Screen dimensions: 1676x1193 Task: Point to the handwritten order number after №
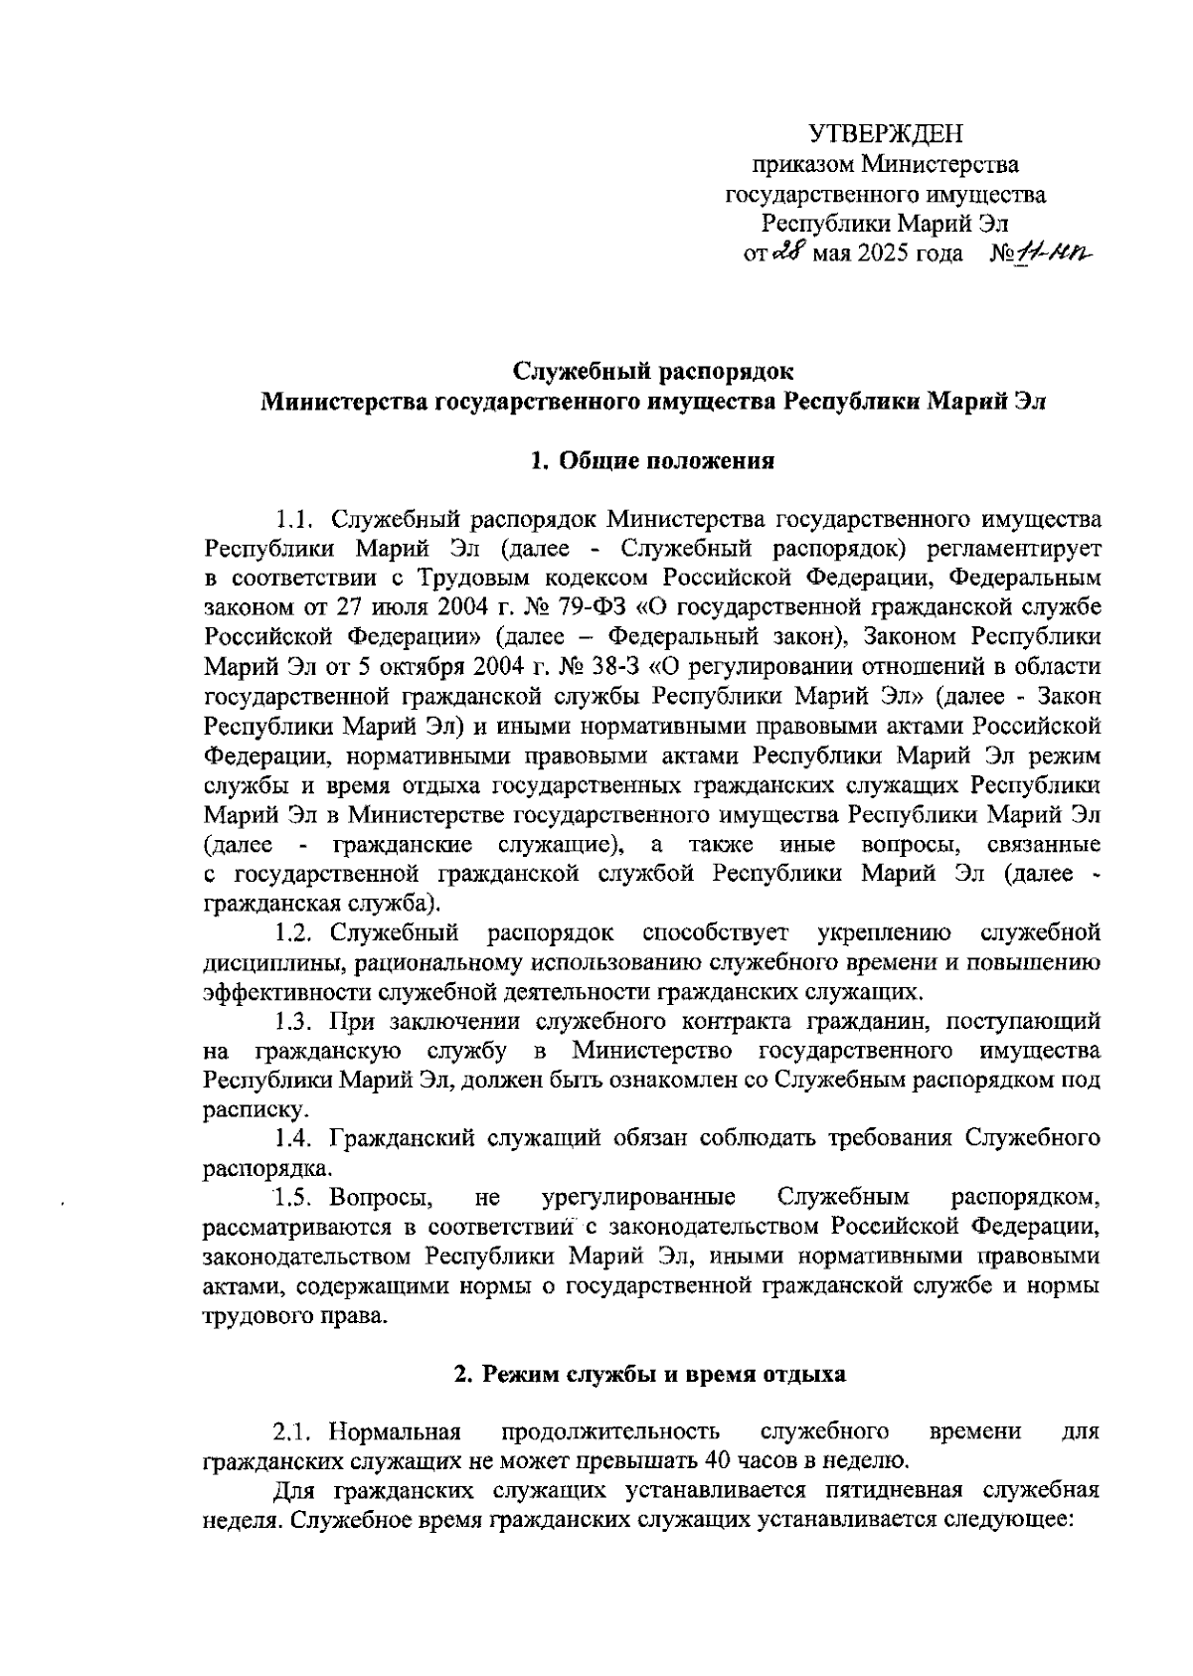[x=1053, y=254]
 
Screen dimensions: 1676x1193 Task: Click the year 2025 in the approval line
[x=876, y=254]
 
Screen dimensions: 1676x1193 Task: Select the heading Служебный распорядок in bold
[x=653, y=372]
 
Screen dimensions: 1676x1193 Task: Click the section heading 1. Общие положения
[x=653, y=460]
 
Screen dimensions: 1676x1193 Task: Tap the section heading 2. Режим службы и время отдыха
[x=650, y=1375]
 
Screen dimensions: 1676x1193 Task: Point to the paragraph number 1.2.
[x=295, y=932]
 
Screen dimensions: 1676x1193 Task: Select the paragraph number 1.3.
[x=295, y=1020]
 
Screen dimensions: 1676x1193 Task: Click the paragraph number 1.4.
[x=295, y=1136]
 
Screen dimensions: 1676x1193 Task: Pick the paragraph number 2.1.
[x=295, y=1432]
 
